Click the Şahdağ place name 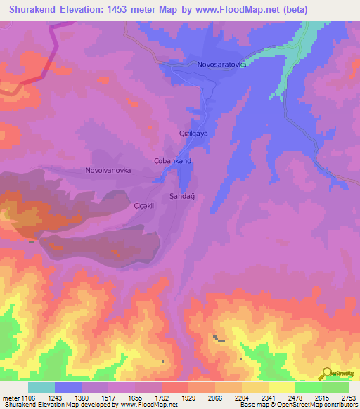[182, 197]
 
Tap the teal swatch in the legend [41, 387]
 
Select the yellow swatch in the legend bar [281, 387]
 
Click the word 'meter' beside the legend [11, 397]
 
